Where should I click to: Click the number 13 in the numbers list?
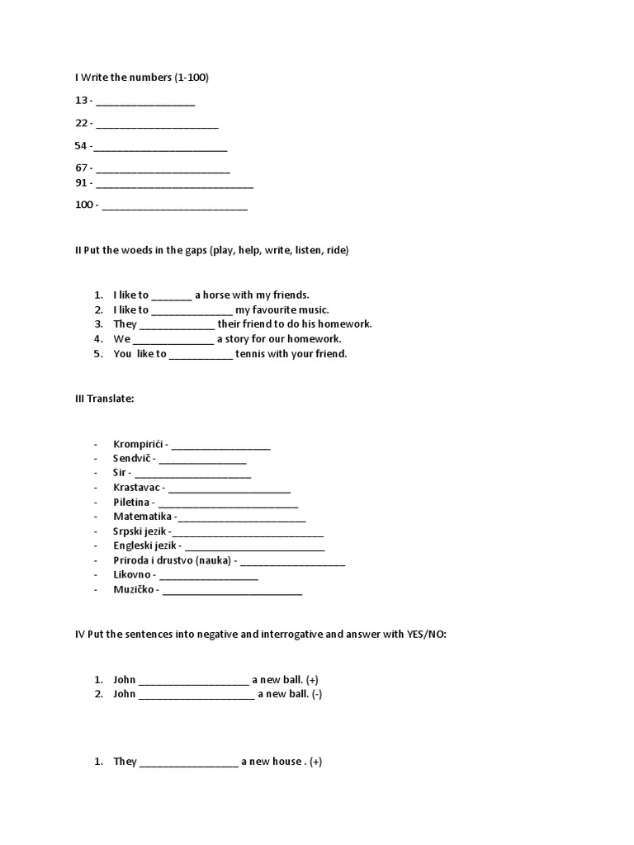(81, 101)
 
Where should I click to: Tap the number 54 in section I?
(81, 146)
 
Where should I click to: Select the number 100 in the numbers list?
(84, 205)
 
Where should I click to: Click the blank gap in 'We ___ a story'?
(173, 339)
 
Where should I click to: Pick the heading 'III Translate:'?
(104, 399)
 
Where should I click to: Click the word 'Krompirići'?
(138, 445)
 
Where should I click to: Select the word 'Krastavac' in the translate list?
(137, 488)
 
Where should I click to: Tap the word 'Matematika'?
(142, 517)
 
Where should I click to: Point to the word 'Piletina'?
(132, 502)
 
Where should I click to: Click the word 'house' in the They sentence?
(289, 762)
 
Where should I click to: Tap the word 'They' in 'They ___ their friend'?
(125, 324)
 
